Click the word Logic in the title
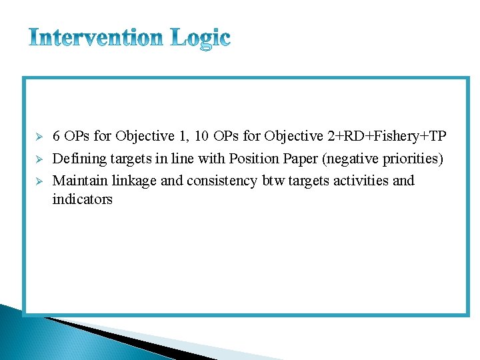[x=200, y=39]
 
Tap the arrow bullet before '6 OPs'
[x=39, y=137]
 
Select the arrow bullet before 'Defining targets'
[x=39, y=160]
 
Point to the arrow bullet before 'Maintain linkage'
[x=39, y=181]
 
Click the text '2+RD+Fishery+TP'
[x=387, y=137]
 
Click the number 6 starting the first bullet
[x=57, y=137]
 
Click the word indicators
[x=82, y=199]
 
